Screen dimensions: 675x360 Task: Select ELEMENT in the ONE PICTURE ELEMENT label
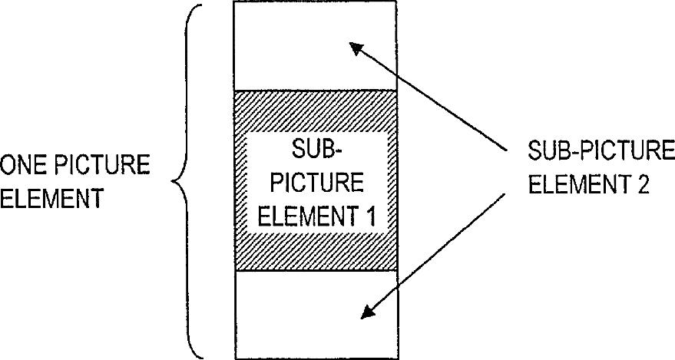tap(52, 200)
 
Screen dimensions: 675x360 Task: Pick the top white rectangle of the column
tap(315, 46)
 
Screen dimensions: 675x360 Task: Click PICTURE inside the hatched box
tap(316, 183)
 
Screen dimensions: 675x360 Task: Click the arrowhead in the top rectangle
tap(357, 51)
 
